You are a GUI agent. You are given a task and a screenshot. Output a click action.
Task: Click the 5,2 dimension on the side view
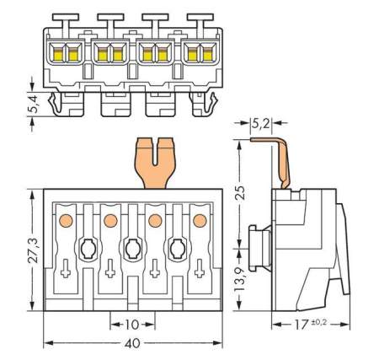pyautogui.click(x=261, y=123)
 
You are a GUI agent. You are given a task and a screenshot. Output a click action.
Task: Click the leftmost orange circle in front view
pyautogui.click(x=64, y=221)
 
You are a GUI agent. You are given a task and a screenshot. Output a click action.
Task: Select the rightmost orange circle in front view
pyautogui.click(x=200, y=221)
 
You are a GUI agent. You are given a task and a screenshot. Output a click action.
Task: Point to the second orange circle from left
pyautogui.click(x=109, y=221)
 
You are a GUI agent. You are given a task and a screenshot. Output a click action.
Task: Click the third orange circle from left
pyautogui.click(x=155, y=221)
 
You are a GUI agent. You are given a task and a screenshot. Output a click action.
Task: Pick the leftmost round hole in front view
pyautogui.click(x=87, y=249)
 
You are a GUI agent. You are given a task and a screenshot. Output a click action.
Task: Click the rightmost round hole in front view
pyautogui.click(x=178, y=249)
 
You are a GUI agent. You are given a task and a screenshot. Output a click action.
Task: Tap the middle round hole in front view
pyautogui.click(x=132, y=249)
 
